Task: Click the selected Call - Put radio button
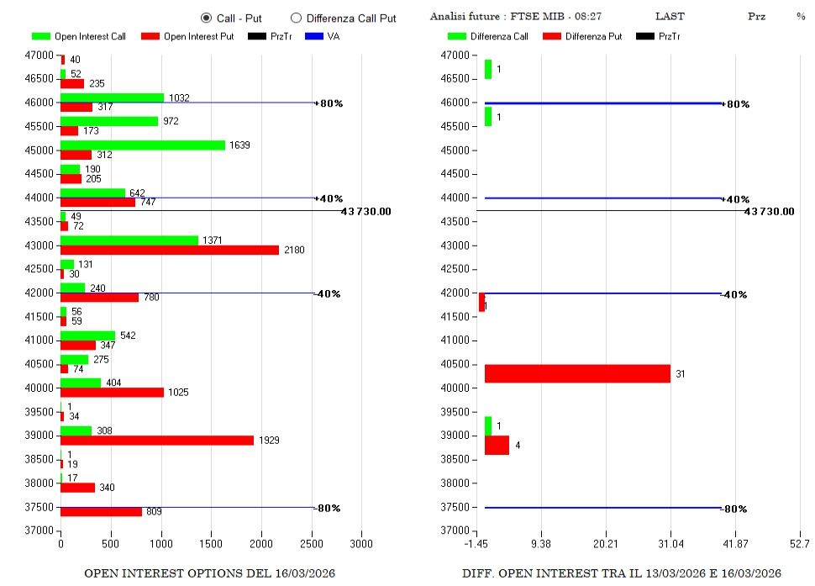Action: pos(206,18)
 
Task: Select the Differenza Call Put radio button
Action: pos(296,18)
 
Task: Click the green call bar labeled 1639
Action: pos(143,145)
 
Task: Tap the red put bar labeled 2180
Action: pos(169,251)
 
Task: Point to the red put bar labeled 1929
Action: pos(156,441)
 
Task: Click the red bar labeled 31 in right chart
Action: pos(577,373)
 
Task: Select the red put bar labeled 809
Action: pos(101,511)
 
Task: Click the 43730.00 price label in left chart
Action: pos(365,211)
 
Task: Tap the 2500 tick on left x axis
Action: pos(312,544)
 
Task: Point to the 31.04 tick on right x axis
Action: pos(670,544)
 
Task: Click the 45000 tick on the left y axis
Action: pos(38,150)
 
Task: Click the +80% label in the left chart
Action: pos(330,103)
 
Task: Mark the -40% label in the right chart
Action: pos(735,294)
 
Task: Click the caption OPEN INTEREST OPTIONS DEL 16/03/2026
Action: pos(210,573)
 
